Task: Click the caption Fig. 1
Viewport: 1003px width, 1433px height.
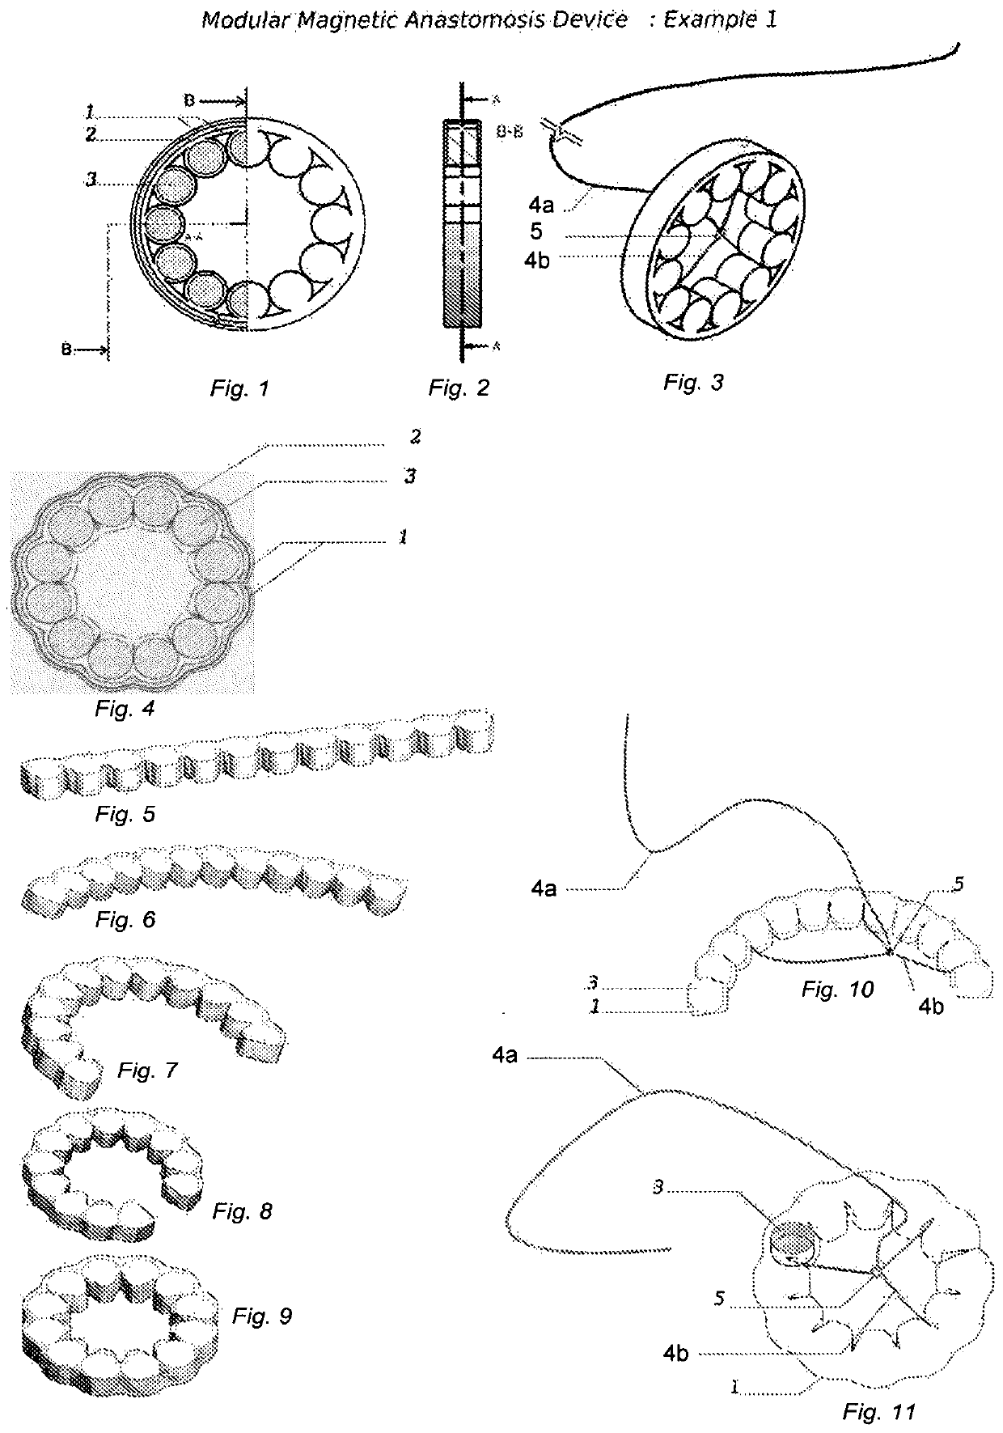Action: coord(239,389)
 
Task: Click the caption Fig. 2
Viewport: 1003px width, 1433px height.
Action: coord(459,389)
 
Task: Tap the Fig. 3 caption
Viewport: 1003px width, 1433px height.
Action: coord(693,383)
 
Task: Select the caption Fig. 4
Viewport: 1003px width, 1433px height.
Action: coord(124,710)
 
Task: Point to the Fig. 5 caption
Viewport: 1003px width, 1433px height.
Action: coord(125,814)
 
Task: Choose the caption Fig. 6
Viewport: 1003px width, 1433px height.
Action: coord(125,920)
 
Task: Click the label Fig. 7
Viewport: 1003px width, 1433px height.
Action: coord(146,1071)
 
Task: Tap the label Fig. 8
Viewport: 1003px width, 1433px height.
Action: coord(243,1211)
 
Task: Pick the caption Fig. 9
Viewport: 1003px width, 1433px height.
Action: coord(262,1316)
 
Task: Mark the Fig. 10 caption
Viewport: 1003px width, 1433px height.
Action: coord(838,989)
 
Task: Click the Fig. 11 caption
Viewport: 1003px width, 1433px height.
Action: coord(878,1413)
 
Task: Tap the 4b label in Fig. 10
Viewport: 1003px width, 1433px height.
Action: coord(930,1008)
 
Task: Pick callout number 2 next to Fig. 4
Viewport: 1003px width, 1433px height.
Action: coord(415,438)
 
